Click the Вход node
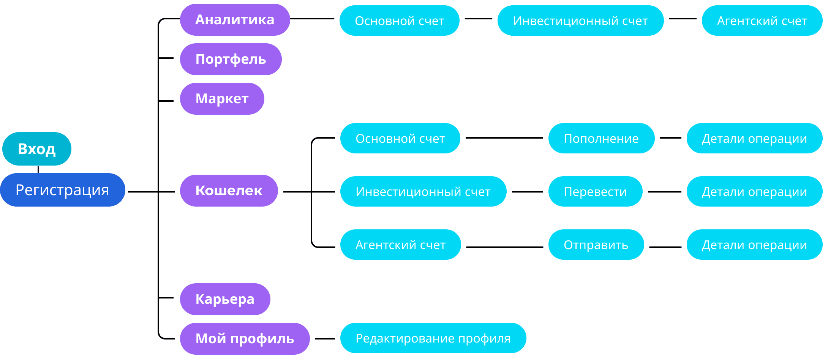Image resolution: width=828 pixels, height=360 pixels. [37, 149]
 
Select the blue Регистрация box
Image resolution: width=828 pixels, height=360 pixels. [63, 190]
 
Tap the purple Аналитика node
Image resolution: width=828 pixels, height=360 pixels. [235, 20]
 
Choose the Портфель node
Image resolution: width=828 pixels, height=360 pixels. [231, 59]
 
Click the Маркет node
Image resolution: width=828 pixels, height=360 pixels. [222, 99]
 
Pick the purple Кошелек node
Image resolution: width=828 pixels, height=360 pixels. [229, 191]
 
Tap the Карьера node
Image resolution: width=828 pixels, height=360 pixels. [225, 299]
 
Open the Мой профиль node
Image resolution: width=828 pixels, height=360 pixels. [245, 339]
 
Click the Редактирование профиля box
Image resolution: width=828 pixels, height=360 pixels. [433, 338]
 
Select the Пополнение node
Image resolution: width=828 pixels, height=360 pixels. [601, 139]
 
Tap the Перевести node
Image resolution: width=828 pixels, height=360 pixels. [595, 192]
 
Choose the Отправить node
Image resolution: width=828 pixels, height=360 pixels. [596, 245]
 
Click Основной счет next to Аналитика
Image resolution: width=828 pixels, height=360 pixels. [400, 21]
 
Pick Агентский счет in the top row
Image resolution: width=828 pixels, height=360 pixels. [762, 21]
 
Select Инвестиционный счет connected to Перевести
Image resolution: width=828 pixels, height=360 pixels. [423, 192]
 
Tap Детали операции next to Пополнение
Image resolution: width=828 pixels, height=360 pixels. [754, 139]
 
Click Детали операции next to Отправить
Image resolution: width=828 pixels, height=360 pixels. [754, 245]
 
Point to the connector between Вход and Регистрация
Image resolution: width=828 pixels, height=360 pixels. [38, 169]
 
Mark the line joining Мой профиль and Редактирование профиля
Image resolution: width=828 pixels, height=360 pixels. [325, 338]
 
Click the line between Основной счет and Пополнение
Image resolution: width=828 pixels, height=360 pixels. [504, 138]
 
